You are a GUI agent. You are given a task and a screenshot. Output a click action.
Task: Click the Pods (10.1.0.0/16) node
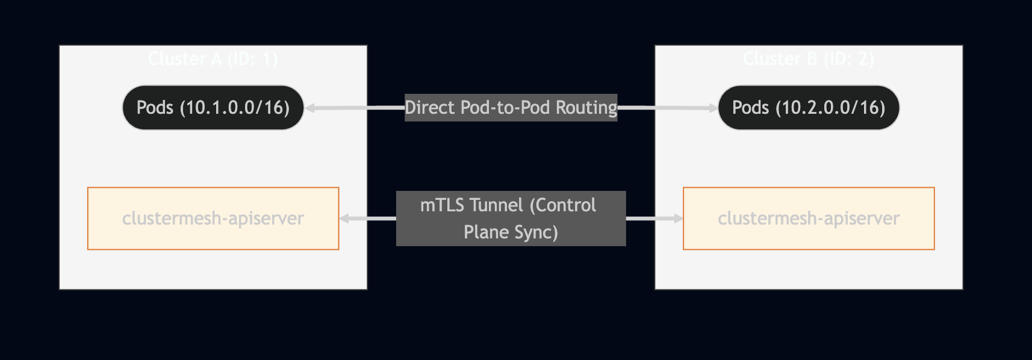click(213, 108)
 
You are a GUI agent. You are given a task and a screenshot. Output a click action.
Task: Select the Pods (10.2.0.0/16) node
click(808, 108)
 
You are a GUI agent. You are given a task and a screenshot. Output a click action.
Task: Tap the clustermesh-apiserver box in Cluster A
click(213, 218)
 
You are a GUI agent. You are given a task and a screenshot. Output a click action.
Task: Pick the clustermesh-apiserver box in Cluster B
click(809, 218)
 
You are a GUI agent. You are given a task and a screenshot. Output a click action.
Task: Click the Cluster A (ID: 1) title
click(213, 59)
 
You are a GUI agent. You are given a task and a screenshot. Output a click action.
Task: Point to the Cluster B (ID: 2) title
click(808, 59)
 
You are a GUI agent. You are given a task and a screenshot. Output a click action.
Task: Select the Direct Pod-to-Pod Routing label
click(511, 108)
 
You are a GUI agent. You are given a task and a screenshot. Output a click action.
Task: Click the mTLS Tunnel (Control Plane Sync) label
click(511, 218)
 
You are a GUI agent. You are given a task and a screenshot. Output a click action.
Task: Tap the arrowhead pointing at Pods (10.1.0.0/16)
click(310, 108)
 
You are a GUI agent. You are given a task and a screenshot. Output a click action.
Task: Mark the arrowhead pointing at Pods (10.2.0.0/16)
click(713, 108)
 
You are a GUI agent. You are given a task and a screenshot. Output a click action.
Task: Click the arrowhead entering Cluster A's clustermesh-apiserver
click(344, 219)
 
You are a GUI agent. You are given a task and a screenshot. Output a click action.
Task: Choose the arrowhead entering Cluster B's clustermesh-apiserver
click(678, 219)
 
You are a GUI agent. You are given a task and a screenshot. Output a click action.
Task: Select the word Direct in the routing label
click(429, 108)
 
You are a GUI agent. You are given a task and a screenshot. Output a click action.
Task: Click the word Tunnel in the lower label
click(497, 205)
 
